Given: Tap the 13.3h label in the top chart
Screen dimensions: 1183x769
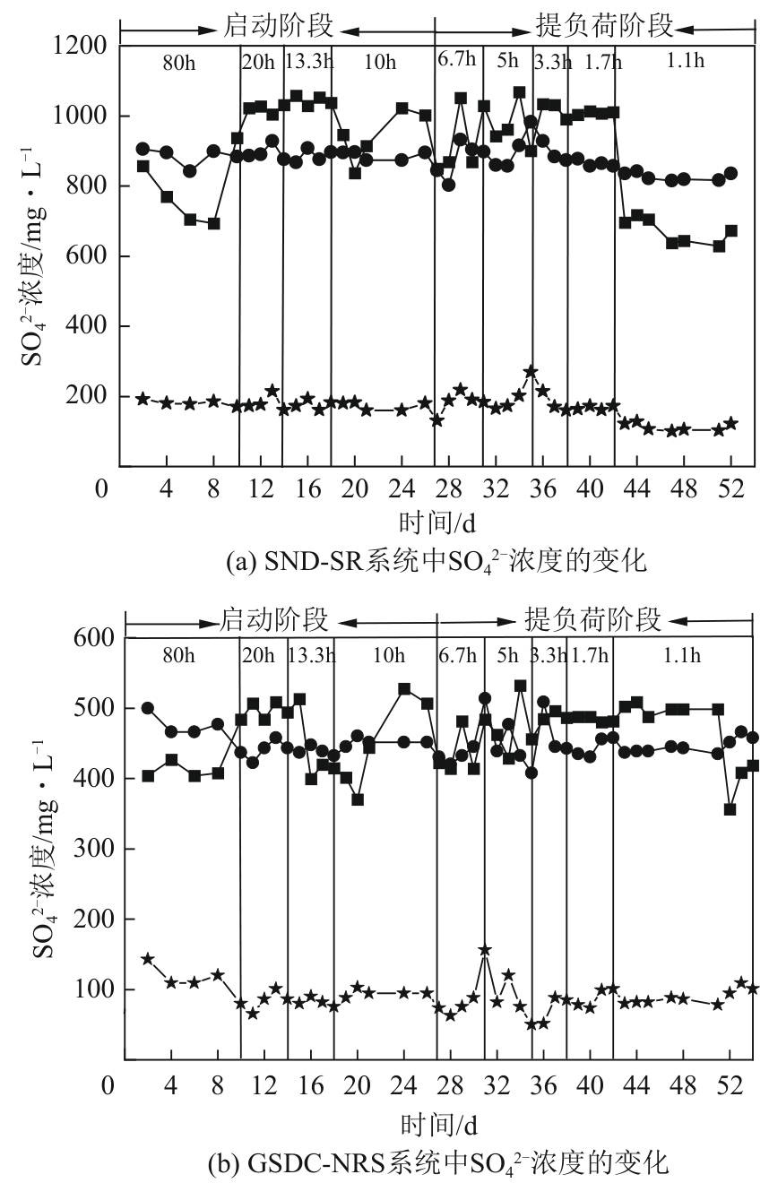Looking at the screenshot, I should click(307, 63).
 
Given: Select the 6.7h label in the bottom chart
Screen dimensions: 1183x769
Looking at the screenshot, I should click(457, 655).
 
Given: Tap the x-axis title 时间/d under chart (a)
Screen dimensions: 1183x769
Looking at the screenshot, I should click(436, 522).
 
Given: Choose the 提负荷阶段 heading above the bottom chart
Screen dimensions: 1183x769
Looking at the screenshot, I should click(592, 619).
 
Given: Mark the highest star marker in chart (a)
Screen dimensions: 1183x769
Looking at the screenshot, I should click(531, 371).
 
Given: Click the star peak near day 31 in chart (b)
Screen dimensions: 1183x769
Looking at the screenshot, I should click(485, 950).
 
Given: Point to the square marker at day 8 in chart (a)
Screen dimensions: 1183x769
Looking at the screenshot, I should click(213, 223).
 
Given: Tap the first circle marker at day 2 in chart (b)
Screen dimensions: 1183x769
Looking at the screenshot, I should click(148, 708).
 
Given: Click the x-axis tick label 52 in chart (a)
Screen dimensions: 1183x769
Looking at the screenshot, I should click(730, 490).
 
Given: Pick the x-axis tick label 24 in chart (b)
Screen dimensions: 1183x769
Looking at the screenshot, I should click(403, 1086).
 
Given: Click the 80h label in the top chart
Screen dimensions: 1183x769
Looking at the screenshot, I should click(177, 63).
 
